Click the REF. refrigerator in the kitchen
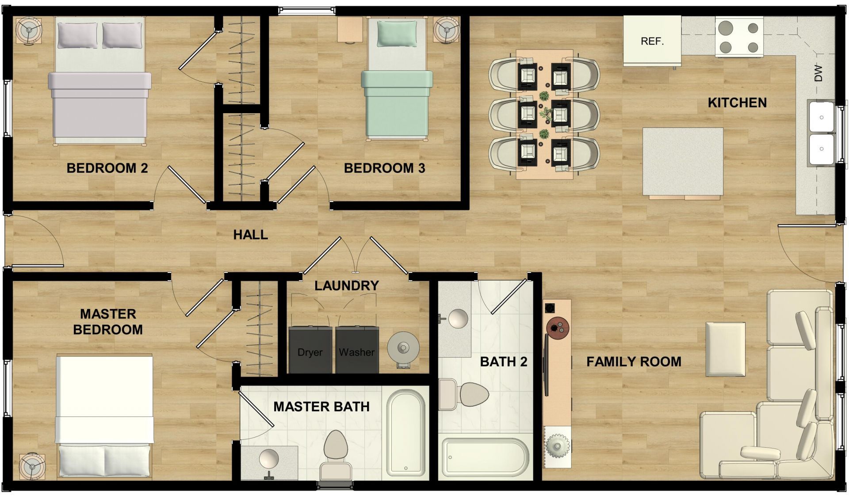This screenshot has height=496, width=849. [652, 41]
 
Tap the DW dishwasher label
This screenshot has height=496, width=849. [818, 73]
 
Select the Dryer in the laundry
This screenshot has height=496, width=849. [310, 350]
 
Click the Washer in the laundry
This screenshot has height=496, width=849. [357, 350]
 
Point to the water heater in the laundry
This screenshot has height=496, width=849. [403, 348]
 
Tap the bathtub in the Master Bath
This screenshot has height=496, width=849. [405, 434]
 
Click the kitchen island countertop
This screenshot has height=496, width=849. [683, 162]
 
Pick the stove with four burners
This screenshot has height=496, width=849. [739, 37]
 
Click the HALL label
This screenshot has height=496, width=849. [250, 235]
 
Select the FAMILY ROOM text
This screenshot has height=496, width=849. [633, 362]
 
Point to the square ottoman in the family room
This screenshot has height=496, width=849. [725, 349]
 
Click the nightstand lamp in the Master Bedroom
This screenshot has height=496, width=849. [31, 465]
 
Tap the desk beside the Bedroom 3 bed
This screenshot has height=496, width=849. [350, 30]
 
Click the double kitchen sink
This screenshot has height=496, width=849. [821, 133]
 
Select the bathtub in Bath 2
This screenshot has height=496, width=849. [485, 457]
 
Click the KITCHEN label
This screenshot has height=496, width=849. [737, 103]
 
